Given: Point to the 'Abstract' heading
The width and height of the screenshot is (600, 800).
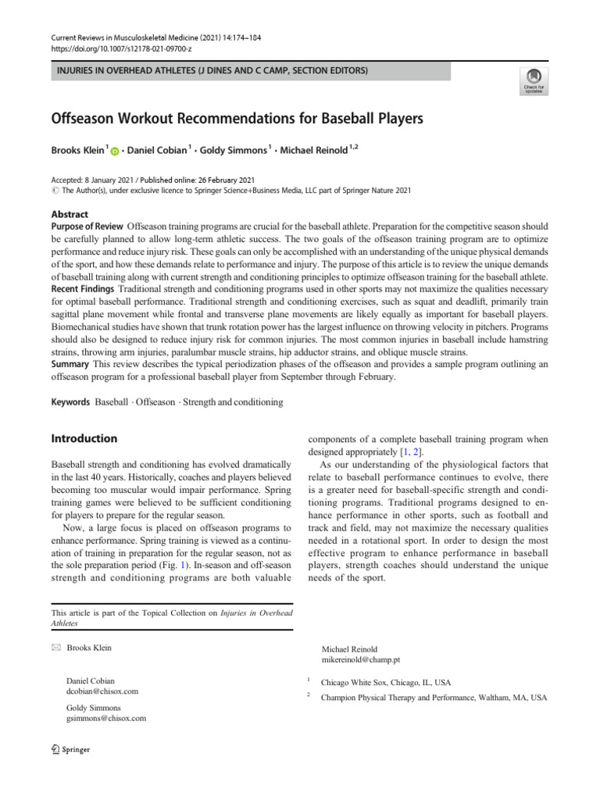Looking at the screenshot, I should (x=70, y=214).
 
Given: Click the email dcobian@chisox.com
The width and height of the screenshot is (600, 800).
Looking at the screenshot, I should (x=103, y=691).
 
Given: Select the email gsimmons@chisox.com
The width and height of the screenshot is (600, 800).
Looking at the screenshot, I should (x=106, y=718).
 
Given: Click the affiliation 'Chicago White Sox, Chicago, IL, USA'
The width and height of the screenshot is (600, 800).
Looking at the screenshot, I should (x=395, y=682).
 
